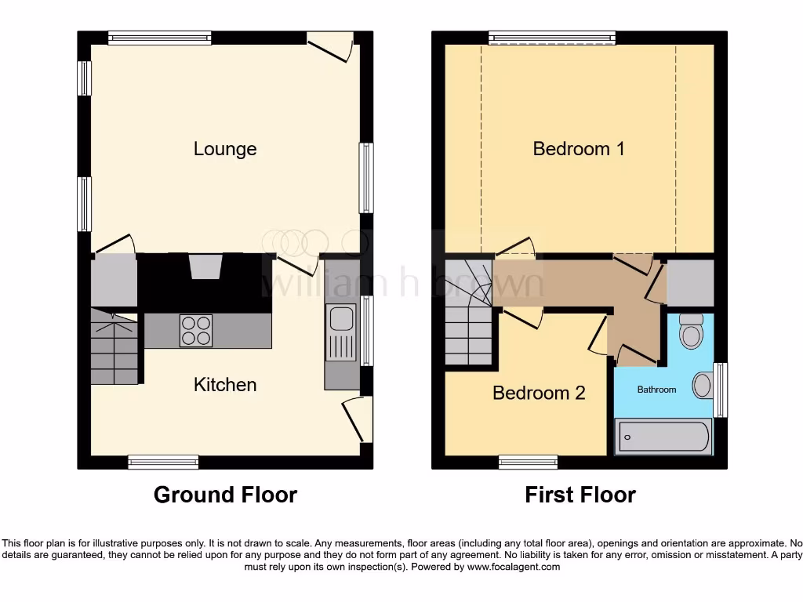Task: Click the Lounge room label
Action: (x=225, y=149)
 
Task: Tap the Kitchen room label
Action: (x=225, y=385)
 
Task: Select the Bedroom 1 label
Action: (x=579, y=149)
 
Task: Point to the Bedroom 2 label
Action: (x=539, y=393)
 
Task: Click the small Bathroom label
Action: (x=656, y=390)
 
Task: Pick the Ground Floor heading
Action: (x=225, y=495)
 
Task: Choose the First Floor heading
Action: (x=580, y=495)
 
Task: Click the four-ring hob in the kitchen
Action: (x=196, y=330)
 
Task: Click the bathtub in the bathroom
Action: (x=664, y=437)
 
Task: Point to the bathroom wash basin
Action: (x=703, y=386)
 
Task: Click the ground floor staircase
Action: (x=114, y=346)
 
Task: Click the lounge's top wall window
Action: (x=160, y=37)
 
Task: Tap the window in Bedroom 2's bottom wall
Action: (x=528, y=462)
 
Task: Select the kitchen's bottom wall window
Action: (x=163, y=462)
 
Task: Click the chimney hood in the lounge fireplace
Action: (x=205, y=267)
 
